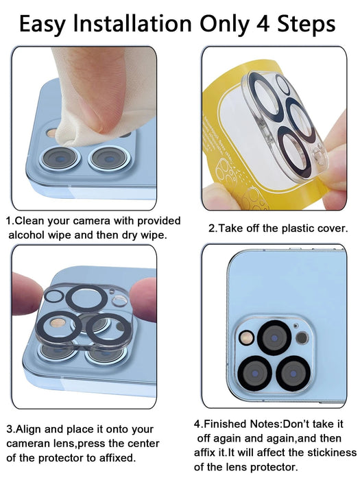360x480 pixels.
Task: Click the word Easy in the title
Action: (45, 24)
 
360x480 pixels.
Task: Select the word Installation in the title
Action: (132, 24)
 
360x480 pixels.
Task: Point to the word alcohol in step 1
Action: (28, 235)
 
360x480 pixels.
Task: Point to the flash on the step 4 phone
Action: (302, 337)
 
